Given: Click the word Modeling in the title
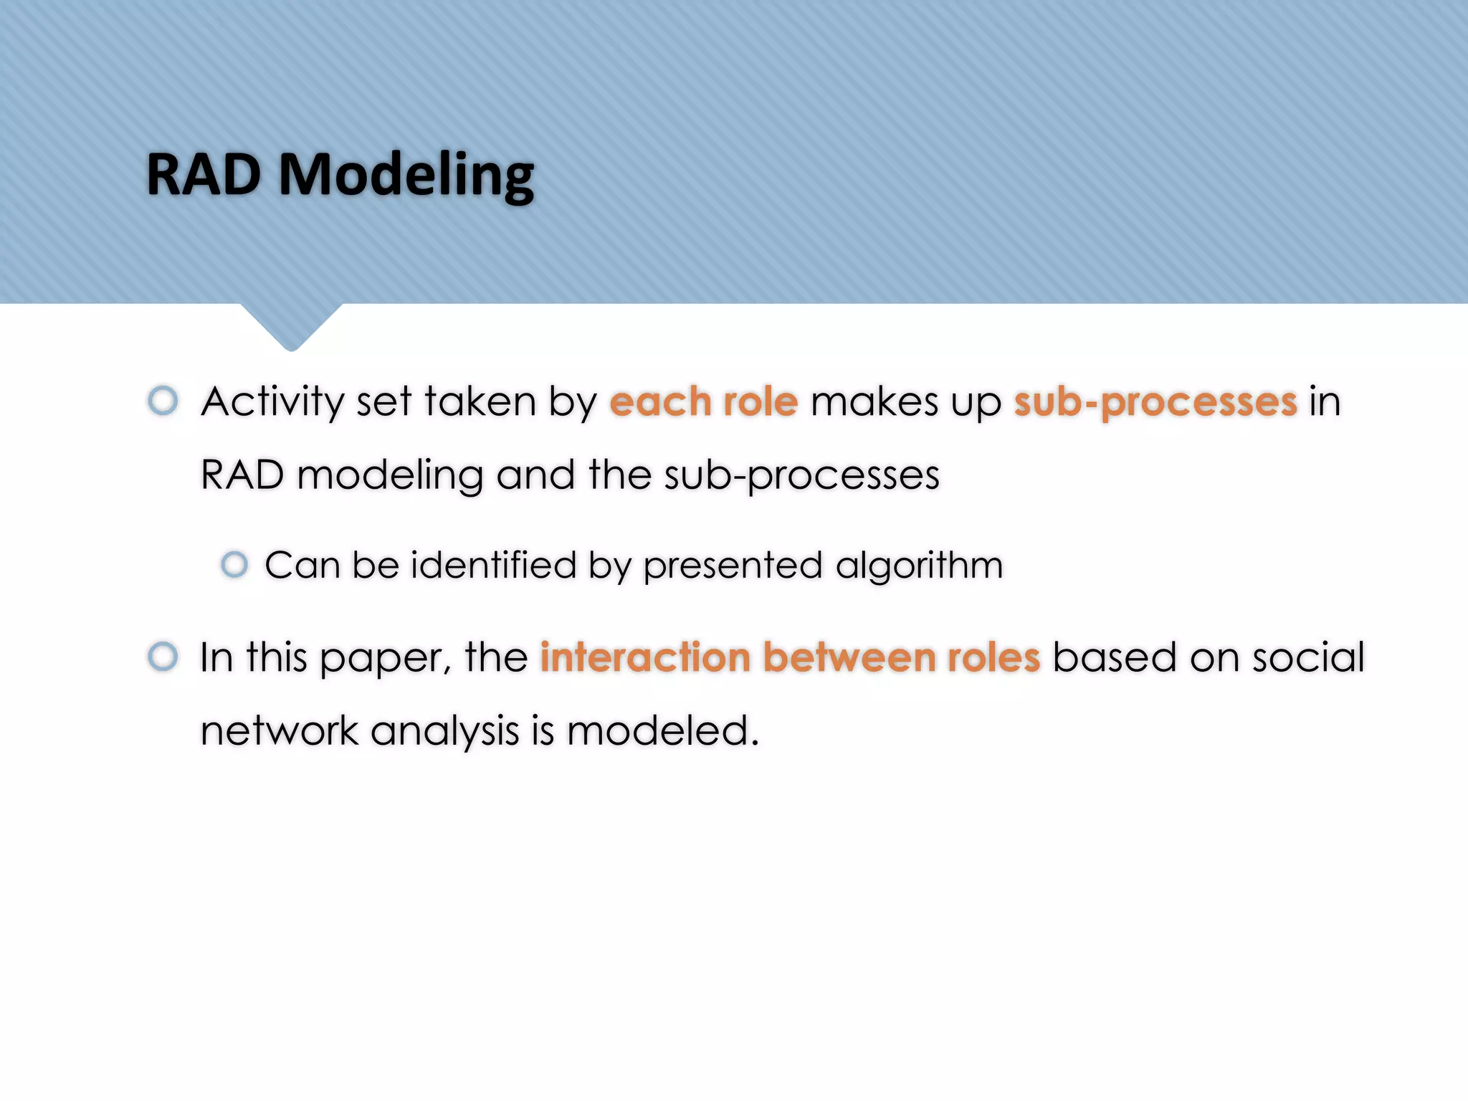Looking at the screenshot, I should click(406, 176).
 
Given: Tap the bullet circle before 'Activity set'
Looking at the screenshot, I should click(163, 400).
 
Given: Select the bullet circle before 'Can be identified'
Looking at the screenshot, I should click(234, 565).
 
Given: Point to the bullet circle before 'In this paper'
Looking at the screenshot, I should click(163, 657).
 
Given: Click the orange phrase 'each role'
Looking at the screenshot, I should click(703, 401).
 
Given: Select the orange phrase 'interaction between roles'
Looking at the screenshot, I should click(789, 657).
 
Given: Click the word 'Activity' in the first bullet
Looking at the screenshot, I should click(272, 401).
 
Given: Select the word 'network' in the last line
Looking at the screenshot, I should click(279, 731).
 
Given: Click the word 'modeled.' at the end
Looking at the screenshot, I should click(662, 731).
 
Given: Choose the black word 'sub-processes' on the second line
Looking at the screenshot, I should click(801, 476).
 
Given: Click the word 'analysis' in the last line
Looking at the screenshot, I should click(444, 733).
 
